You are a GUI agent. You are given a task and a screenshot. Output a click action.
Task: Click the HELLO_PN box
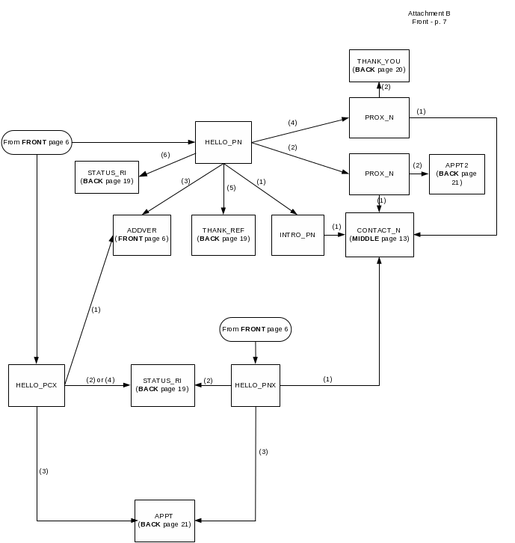click(223, 142)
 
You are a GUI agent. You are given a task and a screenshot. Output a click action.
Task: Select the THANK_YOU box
click(379, 66)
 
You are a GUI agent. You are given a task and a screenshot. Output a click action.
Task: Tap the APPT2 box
click(457, 174)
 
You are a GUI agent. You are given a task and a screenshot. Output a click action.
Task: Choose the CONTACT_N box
click(379, 234)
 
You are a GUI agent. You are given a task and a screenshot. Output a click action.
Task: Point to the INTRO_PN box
click(297, 235)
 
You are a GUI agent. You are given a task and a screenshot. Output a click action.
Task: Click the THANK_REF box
click(223, 235)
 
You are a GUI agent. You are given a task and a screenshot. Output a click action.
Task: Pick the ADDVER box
click(142, 235)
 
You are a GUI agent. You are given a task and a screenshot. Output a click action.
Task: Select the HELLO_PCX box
click(37, 385)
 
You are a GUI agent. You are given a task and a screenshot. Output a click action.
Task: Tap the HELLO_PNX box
click(256, 385)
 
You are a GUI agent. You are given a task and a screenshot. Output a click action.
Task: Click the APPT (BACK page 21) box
click(164, 521)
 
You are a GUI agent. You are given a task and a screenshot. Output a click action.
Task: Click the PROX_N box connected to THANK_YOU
click(379, 117)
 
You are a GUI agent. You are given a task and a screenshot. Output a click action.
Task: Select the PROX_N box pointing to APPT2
click(379, 174)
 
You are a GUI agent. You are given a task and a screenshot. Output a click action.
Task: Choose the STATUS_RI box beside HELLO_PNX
click(163, 385)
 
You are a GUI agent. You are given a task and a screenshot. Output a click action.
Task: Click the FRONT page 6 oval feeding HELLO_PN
click(37, 142)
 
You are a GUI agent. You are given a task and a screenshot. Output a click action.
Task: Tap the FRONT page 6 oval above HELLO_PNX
click(255, 329)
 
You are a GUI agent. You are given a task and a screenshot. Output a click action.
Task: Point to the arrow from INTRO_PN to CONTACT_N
click(334, 235)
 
